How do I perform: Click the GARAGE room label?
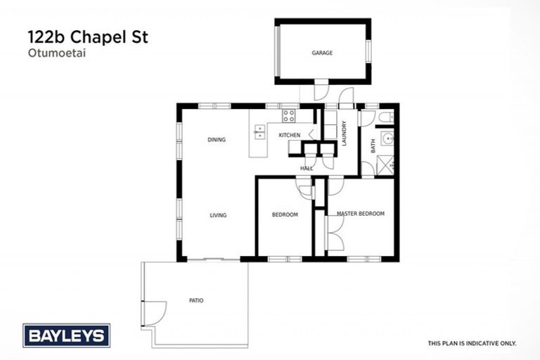click(322, 53)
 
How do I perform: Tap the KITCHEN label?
click(289, 135)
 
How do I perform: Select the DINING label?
click(217, 140)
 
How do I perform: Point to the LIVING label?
click(218, 215)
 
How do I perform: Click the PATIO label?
click(196, 300)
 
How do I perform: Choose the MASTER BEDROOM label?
click(361, 214)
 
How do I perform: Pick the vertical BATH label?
click(373, 146)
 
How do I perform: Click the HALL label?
click(307, 169)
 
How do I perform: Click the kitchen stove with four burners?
click(289, 116)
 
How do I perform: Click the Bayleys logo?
click(66, 335)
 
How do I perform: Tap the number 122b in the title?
click(46, 37)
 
